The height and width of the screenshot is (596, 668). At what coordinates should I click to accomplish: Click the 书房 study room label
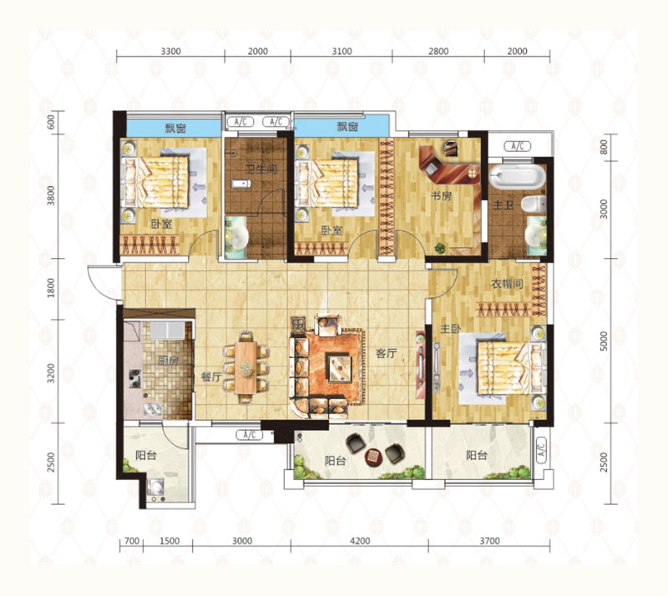click(441, 196)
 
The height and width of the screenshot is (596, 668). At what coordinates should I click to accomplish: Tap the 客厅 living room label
click(386, 353)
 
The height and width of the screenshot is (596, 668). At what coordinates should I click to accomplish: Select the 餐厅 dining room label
click(211, 377)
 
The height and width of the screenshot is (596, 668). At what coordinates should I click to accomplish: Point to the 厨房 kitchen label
click(168, 361)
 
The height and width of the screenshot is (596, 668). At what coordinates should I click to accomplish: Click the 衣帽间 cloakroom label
click(507, 284)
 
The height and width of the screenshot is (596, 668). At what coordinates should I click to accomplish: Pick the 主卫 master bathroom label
click(504, 205)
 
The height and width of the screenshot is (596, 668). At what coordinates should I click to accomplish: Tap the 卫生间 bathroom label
click(261, 169)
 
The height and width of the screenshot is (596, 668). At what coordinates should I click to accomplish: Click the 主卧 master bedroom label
click(451, 329)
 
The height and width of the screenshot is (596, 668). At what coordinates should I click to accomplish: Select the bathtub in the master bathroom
click(517, 177)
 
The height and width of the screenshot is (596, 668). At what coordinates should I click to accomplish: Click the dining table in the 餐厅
click(245, 367)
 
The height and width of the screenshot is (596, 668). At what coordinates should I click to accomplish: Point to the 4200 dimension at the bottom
click(360, 541)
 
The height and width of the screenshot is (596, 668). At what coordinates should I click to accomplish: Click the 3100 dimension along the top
click(342, 52)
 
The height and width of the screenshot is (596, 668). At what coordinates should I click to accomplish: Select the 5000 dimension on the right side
click(604, 341)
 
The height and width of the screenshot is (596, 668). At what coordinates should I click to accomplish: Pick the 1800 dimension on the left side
click(51, 288)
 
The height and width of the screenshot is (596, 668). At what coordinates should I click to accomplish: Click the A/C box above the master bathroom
click(518, 146)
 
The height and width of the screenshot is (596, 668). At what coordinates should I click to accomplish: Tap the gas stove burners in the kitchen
click(135, 379)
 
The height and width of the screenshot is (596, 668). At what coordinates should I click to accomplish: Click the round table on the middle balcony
click(374, 457)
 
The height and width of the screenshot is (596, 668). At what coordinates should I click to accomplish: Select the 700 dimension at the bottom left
click(132, 541)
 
